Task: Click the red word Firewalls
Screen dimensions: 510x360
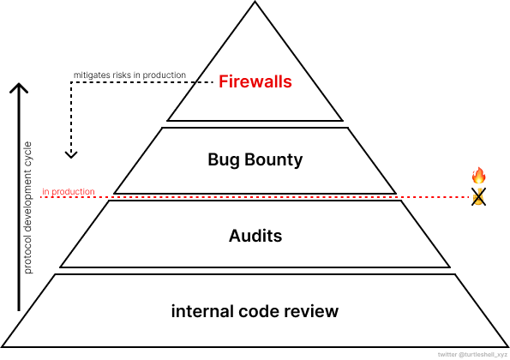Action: (x=255, y=81)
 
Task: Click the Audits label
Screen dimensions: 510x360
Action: (x=255, y=236)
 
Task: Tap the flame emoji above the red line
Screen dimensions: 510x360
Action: (x=478, y=175)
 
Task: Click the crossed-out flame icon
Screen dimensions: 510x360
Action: (x=479, y=197)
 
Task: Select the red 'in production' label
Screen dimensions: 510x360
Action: (x=69, y=191)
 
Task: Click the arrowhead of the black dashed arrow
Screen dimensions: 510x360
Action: (x=71, y=155)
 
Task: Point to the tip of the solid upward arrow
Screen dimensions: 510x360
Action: (x=19, y=84)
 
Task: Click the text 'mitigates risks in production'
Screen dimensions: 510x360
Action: (x=129, y=75)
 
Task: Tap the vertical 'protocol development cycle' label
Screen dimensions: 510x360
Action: (x=28, y=207)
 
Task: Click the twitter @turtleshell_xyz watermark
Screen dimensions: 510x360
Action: (x=472, y=355)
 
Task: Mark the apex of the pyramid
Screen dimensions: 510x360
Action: (x=255, y=2)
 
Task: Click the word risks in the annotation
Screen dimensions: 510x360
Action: (x=122, y=75)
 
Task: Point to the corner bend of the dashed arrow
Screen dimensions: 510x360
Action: (x=71, y=82)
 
